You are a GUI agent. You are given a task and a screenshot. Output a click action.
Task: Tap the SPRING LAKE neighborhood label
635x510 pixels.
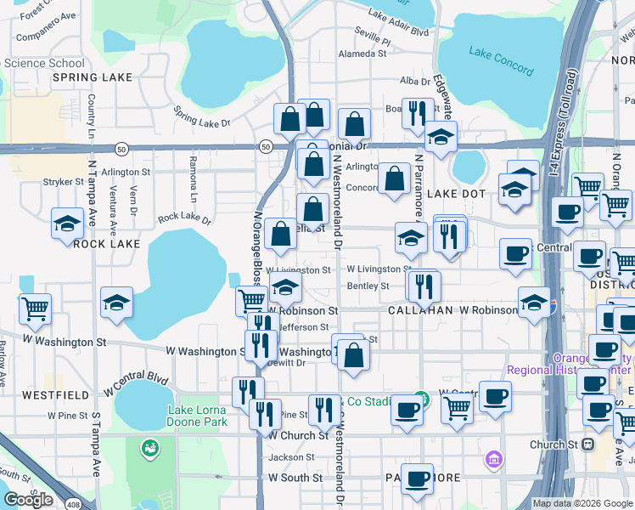pyautogui.click(x=93, y=77)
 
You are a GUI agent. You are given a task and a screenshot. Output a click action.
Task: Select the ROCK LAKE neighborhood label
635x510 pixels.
pyautogui.click(x=106, y=244)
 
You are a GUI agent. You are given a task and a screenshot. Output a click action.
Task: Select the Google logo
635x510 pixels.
pyautogui.click(x=28, y=500)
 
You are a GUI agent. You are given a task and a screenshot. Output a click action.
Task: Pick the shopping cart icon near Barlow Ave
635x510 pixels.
pyautogui.click(x=35, y=309)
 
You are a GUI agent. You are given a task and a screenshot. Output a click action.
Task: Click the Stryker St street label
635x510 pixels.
pyautogui.click(x=62, y=182)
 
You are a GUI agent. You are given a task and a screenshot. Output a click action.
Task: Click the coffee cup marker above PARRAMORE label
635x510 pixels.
pyautogui.click(x=417, y=479)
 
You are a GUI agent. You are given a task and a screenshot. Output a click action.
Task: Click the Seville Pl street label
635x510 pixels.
pyautogui.click(x=374, y=41)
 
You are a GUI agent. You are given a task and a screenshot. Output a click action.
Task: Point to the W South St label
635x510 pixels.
pyautogui.click(x=295, y=478)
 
